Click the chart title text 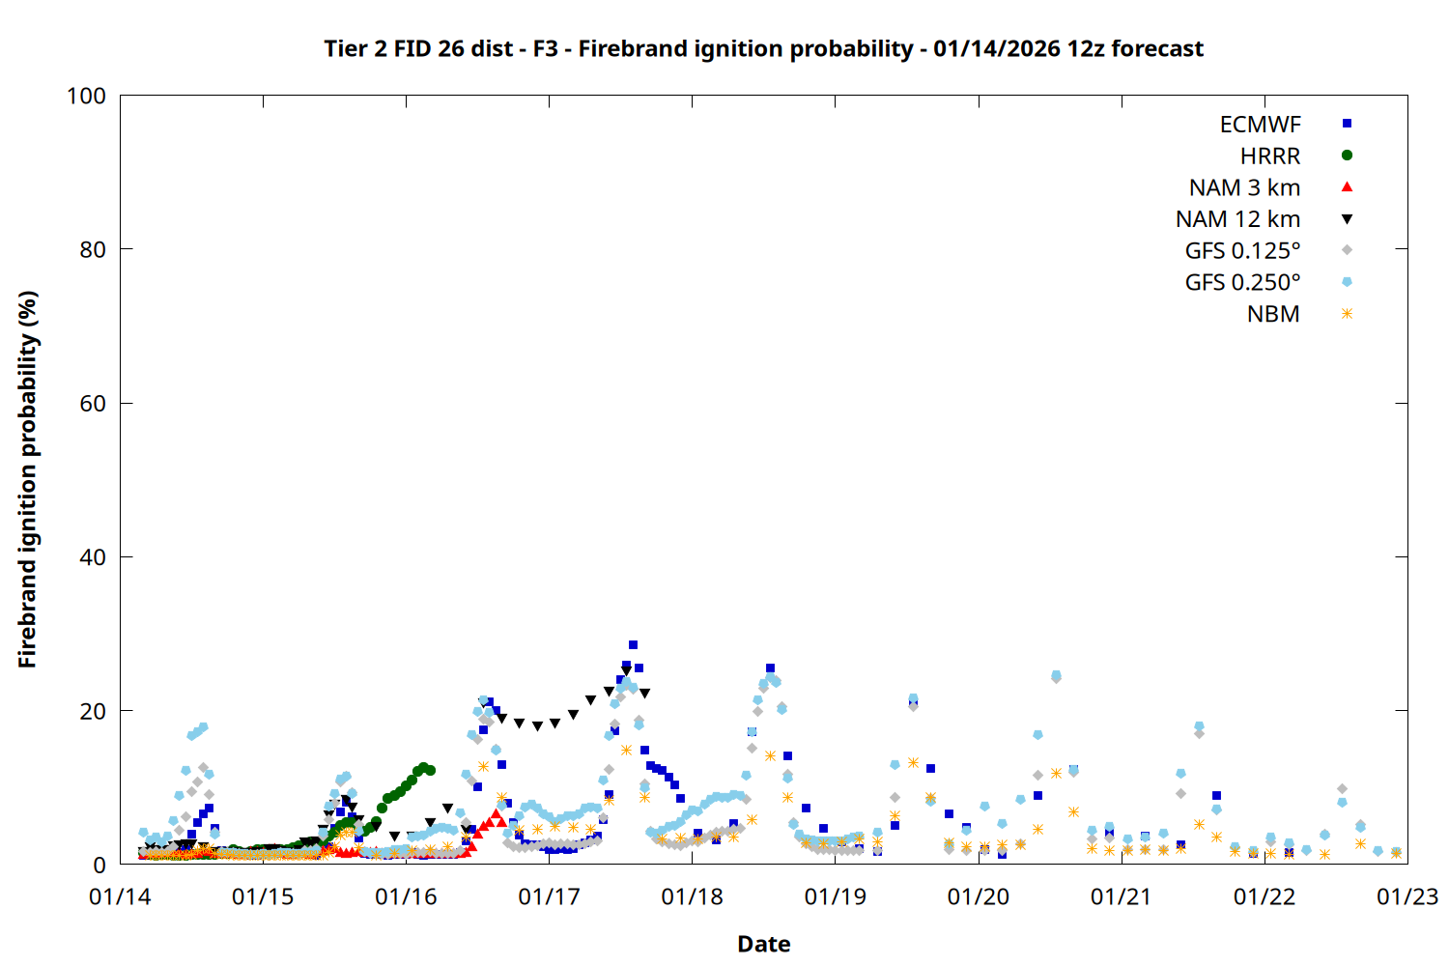pos(763,48)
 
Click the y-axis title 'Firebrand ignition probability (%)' pos(27,479)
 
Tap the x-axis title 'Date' pos(763,944)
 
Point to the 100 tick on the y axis pos(87,96)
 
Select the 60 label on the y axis pos(93,404)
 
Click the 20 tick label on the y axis pos(93,711)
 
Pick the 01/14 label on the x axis pos(120,896)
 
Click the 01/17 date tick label pos(549,896)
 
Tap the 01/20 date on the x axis pos(979,896)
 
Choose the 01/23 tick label pos(1407,896)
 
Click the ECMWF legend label pos(1260,125)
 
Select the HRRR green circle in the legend pos(1347,156)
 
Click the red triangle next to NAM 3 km pos(1347,186)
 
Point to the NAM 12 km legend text pos(1237,219)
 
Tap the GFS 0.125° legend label pos(1242,251)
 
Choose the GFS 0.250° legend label pos(1242,283)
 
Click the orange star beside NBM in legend pos(1347,314)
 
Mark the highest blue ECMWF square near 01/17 pos(633,644)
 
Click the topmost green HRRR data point pos(423,767)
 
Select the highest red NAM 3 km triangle pos(495,814)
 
